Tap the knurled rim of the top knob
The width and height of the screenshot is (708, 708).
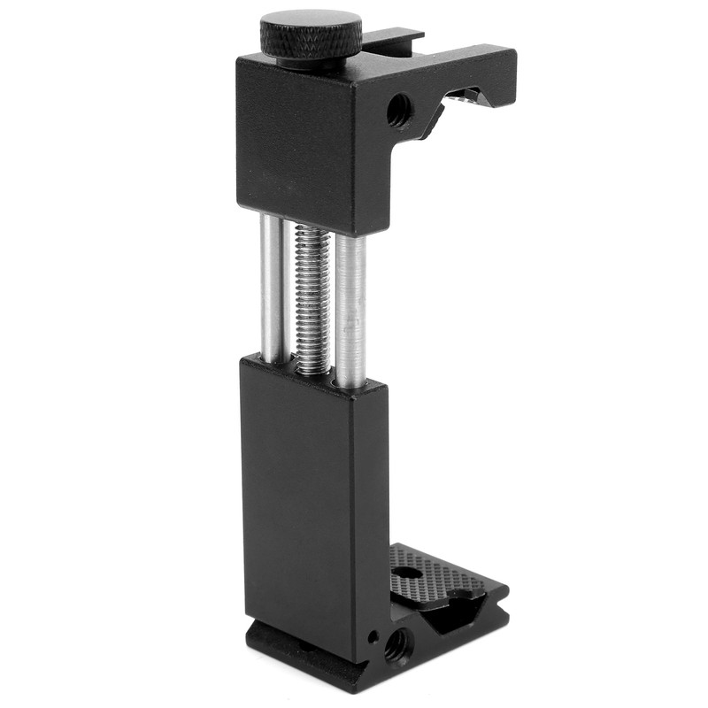click(311, 49)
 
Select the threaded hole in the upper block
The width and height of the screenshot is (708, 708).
click(398, 111)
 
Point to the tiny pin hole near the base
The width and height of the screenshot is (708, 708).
click(374, 635)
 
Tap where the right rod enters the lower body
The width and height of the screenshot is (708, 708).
click(350, 382)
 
